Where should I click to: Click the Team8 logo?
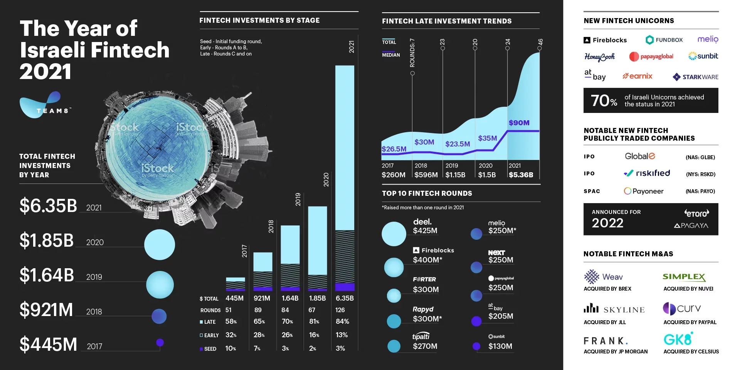pos(45,105)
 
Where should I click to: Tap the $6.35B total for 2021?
pos(48,206)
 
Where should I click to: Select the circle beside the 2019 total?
pos(160,284)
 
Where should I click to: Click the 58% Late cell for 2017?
pos(231,321)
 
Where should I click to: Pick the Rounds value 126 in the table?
pos(340,310)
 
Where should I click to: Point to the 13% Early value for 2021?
pos(341,335)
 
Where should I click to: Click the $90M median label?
pos(519,123)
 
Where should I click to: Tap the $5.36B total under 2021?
pos(521,175)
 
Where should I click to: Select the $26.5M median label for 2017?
pos(394,149)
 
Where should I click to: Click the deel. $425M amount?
pos(425,230)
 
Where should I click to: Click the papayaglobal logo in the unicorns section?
pos(651,57)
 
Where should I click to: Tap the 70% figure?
pos(604,101)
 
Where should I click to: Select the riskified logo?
pos(647,173)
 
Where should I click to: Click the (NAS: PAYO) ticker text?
pos(700,191)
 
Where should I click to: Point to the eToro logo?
pos(696,213)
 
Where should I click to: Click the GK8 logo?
pos(678,339)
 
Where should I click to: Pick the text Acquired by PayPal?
pos(690,322)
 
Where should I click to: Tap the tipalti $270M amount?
pos(425,346)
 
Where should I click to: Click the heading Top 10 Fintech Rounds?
pos(427,193)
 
